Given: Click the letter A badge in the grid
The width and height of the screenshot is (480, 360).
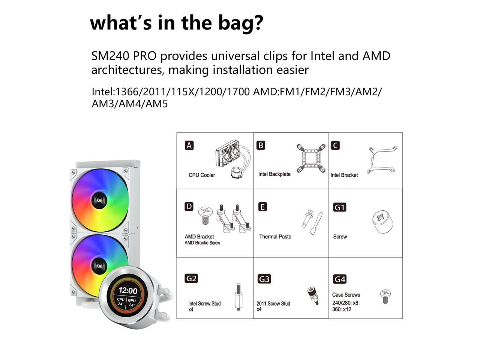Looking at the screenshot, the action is (x=189, y=145).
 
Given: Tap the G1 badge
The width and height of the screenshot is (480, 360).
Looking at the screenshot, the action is (x=340, y=207).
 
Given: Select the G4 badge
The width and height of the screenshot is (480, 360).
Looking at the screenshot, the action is (x=340, y=279).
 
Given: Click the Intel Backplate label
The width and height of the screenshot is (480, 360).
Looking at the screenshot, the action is (x=274, y=174).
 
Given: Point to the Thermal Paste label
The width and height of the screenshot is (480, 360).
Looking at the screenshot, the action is (x=275, y=237).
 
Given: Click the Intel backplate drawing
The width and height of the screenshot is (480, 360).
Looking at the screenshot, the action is (x=311, y=158).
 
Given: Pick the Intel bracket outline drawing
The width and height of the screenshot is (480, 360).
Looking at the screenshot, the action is (x=382, y=159).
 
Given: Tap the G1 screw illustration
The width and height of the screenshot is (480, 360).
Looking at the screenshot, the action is (x=382, y=221).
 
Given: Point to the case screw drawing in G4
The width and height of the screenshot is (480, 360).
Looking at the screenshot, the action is (x=385, y=296).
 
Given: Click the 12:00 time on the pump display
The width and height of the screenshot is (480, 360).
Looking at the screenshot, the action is (x=128, y=291).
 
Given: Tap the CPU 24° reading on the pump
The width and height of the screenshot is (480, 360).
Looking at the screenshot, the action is (x=121, y=302).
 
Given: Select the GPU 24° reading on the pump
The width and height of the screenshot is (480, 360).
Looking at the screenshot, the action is (x=132, y=303).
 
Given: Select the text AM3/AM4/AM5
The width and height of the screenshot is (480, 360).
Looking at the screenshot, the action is (x=130, y=104).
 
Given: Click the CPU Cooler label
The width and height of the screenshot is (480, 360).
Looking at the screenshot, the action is (x=202, y=175).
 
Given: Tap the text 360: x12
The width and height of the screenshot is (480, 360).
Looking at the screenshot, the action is (x=342, y=309).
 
